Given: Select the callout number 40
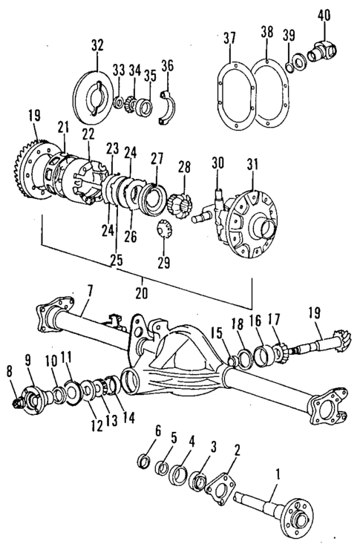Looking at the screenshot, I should coord(324,14).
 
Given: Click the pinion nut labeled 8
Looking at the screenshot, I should coord(18,402).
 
